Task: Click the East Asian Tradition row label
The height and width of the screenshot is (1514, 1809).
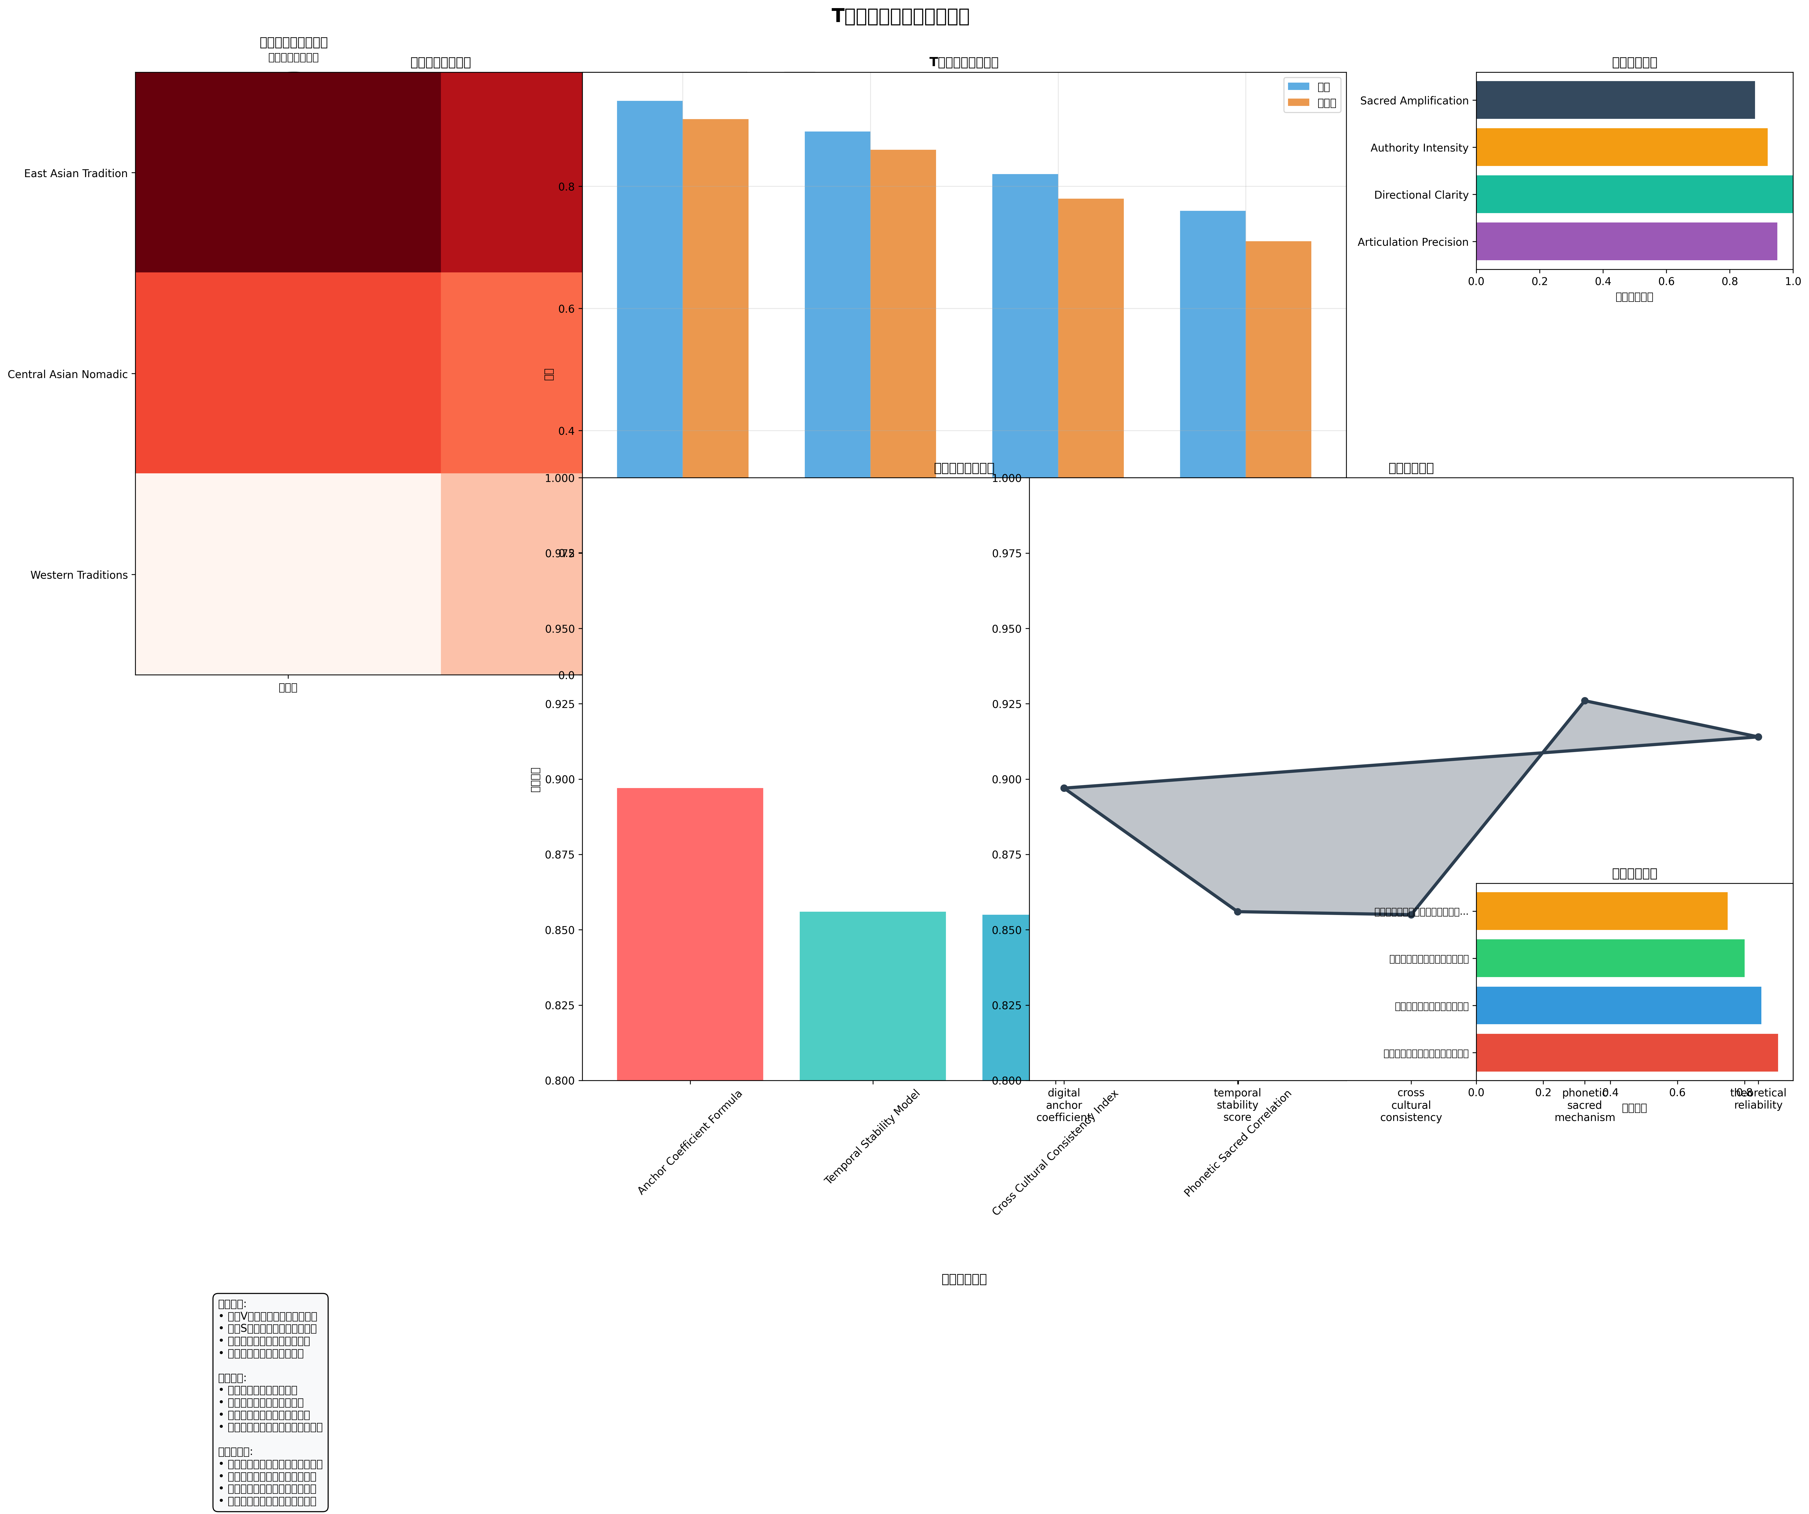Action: (76, 173)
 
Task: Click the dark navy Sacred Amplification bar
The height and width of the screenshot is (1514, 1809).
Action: (1615, 100)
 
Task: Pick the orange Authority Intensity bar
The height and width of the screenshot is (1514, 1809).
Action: (1621, 147)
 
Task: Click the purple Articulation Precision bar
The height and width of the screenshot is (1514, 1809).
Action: (1626, 241)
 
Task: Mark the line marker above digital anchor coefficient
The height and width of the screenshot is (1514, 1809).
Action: (1064, 788)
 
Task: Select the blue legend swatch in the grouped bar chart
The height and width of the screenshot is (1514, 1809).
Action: (1297, 86)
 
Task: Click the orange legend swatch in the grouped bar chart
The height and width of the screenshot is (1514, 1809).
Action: (1297, 102)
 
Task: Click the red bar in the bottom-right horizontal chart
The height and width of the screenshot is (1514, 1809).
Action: (1626, 1052)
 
